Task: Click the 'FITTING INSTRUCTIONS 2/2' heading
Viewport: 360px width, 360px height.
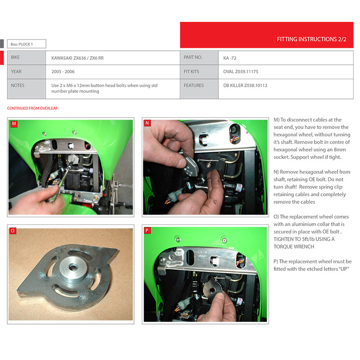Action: [311, 39]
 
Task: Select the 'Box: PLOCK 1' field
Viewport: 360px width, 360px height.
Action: [27, 44]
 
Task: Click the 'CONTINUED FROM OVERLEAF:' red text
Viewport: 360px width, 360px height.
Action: [33, 108]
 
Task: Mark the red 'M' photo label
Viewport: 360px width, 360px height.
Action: [14, 124]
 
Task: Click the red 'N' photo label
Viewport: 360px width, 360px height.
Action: [148, 123]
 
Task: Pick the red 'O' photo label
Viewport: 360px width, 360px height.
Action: [13, 231]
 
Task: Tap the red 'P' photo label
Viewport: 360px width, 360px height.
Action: [147, 230]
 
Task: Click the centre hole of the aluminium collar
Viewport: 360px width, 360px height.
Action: [73, 267]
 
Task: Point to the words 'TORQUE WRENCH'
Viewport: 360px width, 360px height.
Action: [294, 247]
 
